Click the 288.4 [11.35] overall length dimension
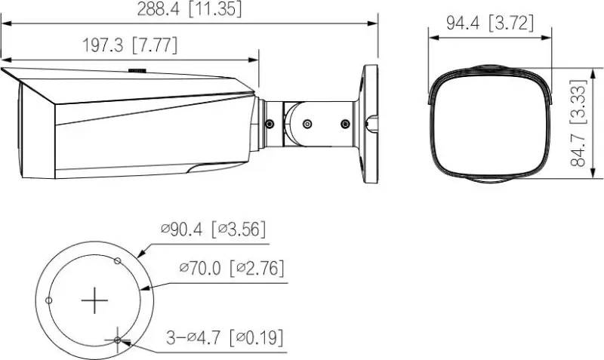(x=190, y=9)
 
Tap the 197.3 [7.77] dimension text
(x=130, y=45)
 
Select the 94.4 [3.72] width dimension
(x=490, y=23)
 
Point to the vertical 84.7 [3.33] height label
(x=578, y=123)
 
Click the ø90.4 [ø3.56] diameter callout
(x=214, y=229)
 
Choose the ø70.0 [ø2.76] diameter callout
(x=232, y=268)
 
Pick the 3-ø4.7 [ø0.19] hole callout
(x=224, y=337)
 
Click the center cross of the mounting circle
(x=94, y=300)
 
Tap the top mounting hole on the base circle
(x=118, y=261)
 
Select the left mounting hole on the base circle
(x=49, y=300)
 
